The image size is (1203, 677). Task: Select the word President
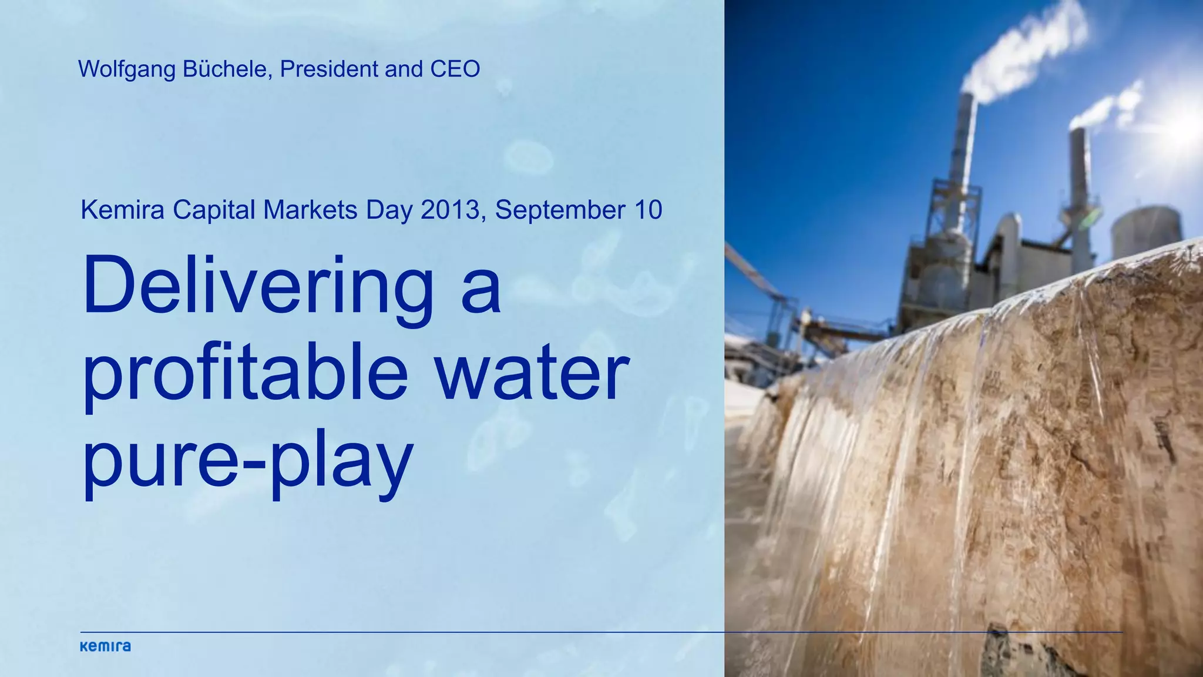pos(329,69)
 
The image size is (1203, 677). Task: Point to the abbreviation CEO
pos(455,69)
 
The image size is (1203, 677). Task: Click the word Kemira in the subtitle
pos(122,210)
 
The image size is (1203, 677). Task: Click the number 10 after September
pos(648,210)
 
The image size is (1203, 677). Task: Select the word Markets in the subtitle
pos(310,210)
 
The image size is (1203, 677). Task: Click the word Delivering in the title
pos(258,288)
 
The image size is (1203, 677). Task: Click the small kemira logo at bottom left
pos(105,646)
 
